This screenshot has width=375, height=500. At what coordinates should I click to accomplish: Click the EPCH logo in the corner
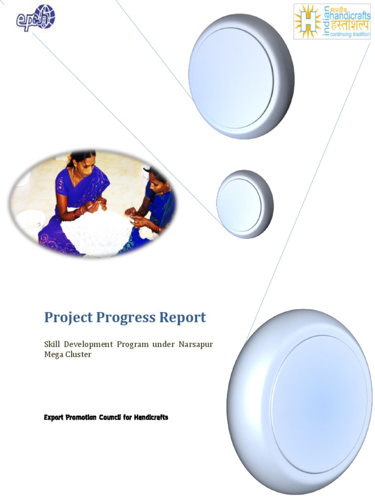36,18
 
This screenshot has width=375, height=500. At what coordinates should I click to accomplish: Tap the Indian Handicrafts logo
332,21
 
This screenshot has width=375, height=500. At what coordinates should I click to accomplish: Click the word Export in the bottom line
54,417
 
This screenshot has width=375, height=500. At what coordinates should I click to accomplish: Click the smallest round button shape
244,204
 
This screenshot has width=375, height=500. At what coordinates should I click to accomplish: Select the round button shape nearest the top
241,76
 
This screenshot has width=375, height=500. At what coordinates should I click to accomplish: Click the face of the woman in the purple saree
83,165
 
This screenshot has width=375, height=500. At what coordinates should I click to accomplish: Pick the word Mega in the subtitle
54,354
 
